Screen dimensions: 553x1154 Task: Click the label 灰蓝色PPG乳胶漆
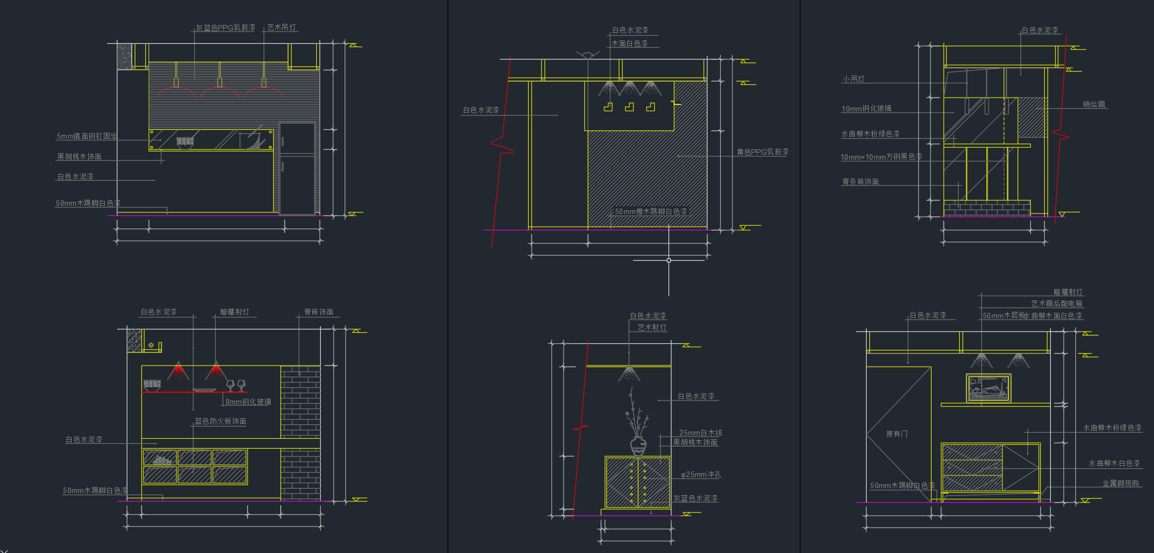point(225,28)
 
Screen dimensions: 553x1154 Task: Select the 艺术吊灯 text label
point(281,27)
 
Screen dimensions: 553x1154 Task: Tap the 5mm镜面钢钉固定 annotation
point(87,136)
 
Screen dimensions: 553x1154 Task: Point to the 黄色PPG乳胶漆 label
point(762,152)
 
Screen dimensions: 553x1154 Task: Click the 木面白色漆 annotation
point(629,43)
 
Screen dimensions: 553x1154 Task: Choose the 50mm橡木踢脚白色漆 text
point(650,211)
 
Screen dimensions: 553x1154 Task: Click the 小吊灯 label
point(853,79)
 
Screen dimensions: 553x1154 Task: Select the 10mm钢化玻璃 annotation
point(866,109)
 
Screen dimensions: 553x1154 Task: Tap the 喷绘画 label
point(1094,104)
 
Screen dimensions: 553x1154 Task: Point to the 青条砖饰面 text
point(860,182)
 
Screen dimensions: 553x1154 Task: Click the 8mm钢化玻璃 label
point(248,402)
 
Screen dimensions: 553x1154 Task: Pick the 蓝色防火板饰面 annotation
point(220,422)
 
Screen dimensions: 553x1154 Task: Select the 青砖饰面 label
point(318,312)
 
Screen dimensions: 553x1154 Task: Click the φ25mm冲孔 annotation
point(701,475)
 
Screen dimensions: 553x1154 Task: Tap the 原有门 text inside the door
point(897,434)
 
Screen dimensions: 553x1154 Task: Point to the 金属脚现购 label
point(1120,484)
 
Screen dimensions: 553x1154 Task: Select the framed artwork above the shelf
point(988,388)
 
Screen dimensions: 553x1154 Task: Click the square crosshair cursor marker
point(669,260)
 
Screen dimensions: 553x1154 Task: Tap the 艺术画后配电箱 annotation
point(1056,303)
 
